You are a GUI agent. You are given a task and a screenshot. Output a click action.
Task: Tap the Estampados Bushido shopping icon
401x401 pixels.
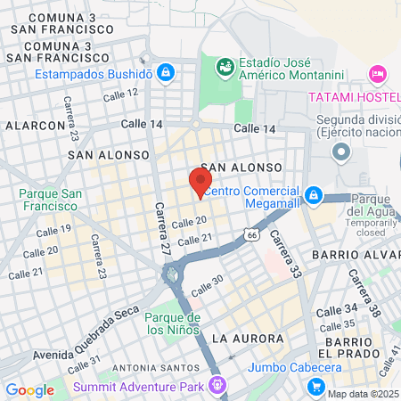(x=165, y=71)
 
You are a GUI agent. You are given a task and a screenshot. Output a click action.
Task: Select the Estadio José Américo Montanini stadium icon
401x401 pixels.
(x=223, y=65)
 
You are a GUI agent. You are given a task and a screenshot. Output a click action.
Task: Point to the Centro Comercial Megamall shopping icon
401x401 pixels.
(x=313, y=194)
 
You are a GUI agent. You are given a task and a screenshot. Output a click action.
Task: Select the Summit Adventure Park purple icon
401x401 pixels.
(x=216, y=385)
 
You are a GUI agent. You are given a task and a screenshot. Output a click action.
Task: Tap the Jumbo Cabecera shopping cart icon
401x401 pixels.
(x=314, y=387)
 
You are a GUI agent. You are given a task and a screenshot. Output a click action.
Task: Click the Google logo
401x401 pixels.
(x=29, y=389)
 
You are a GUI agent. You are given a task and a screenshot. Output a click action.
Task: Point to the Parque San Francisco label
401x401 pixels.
(x=53, y=200)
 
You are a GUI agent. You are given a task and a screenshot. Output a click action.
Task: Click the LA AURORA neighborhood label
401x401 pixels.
(x=248, y=339)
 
